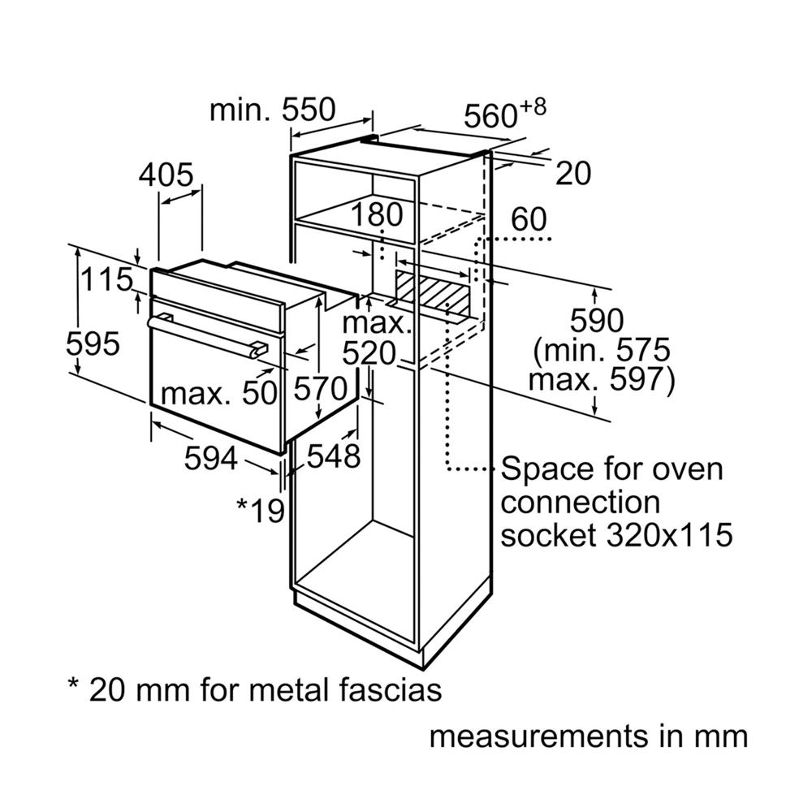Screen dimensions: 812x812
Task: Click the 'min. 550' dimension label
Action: coord(272,110)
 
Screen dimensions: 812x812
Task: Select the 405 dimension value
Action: coord(166,175)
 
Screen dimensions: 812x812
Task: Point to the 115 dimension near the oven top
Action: coord(106,279)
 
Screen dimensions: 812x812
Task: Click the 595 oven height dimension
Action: coord(93,344)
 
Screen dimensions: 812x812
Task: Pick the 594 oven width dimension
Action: coord(210,459)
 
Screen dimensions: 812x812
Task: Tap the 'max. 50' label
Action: coord(219,394)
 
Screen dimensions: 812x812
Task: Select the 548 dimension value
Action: coord(333,456)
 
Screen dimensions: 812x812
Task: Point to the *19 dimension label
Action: coord(261,509)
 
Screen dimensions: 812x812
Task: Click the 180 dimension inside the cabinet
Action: coord(378,215)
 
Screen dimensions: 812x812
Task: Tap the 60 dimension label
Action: coord(529,219)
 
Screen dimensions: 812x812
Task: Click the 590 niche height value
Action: coord(595,321)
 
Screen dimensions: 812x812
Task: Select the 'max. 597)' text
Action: coord(601,380)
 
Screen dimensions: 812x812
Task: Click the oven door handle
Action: coord(207,333)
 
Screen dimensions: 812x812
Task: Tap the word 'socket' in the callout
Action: coord(553,535)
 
